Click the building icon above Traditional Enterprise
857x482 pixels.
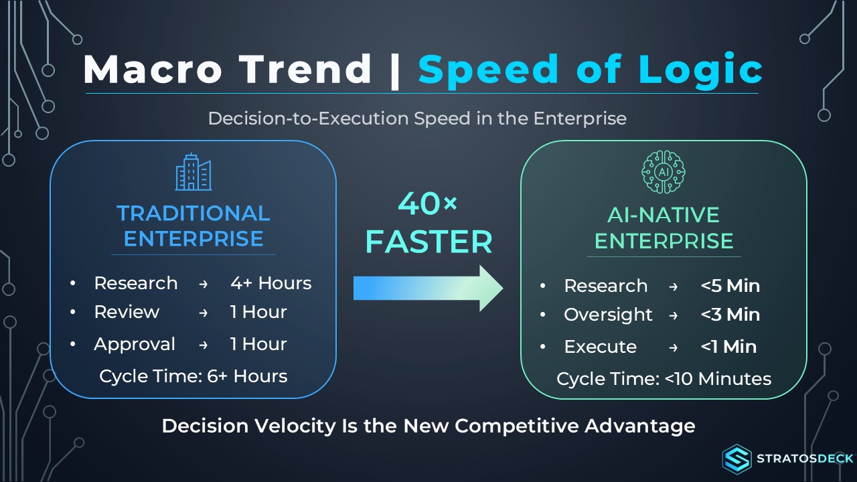coord(193,172)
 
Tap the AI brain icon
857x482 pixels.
coord(664,172)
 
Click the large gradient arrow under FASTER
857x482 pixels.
coord(428,289)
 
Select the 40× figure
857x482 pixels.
coord(427,203)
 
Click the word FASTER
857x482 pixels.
coord(429,242)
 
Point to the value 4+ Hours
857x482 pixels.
coord(271,283)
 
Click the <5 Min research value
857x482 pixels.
coord(730,286)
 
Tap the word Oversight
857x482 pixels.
coord(608,315)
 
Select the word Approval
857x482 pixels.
coord(135,344)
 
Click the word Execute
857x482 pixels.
coord(601,347)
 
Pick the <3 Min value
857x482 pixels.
coord(730,315)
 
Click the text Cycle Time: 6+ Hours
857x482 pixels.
coord(193,376)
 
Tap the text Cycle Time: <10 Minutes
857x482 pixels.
coord(664,379)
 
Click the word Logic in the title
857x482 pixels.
coord(700,71)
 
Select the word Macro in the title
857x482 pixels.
coord(152,69)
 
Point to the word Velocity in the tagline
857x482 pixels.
coord(295,426)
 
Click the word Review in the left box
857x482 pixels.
coord(127,312)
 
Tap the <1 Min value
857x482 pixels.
coord(728,347)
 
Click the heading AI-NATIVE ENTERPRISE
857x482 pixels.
coord(664,228)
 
